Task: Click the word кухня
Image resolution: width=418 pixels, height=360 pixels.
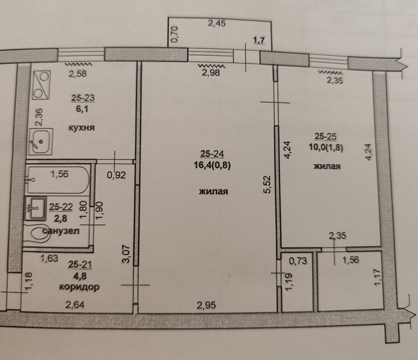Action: point(81,128)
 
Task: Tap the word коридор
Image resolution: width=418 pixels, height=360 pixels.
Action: point(80,287)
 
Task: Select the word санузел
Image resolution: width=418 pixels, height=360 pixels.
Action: point(61,231)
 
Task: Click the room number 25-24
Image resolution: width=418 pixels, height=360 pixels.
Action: point(212,154)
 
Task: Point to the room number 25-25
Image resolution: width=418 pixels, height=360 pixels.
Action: point(326,136)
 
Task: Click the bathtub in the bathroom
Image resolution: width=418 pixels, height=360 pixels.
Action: point(58,180)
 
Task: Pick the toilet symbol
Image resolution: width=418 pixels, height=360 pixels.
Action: point(39,234)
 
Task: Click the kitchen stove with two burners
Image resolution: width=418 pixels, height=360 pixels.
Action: point(41,85)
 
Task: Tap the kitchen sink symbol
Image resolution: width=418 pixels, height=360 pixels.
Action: point(41,141)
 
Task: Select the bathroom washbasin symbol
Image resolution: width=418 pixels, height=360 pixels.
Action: point(36,208)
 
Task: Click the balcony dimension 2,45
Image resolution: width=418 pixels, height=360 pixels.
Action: point(217,24)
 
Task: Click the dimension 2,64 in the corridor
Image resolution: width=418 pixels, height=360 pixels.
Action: point(75,304)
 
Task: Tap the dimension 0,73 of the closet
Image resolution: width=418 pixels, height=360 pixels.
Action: point(298,260)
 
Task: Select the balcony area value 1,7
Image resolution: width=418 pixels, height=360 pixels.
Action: point(258,40)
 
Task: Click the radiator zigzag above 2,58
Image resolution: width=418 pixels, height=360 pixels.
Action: point(79,64)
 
